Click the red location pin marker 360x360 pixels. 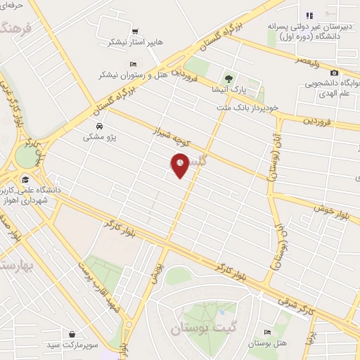click(180, 166)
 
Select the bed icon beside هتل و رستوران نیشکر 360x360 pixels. click(134, 64)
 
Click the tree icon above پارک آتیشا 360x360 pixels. click(228, 78)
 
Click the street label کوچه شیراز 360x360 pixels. click(172, 136)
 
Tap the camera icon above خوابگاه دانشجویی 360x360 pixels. click(333, 73)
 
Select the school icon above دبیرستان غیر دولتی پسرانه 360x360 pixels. click(309, 15)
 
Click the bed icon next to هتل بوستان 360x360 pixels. click(266, 332)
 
